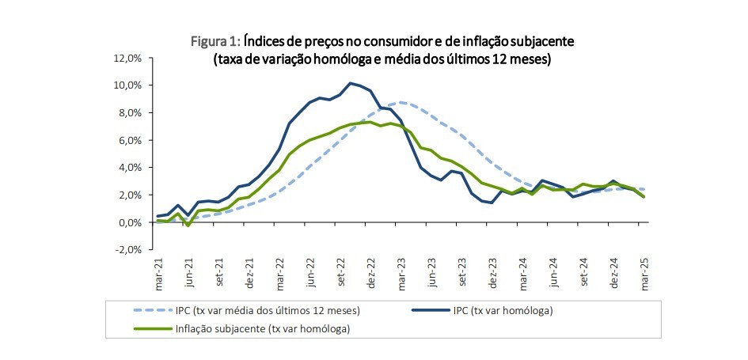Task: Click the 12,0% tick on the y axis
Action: coord(127,58)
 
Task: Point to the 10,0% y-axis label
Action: coord(127,85)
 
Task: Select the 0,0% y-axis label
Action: coord(130,222)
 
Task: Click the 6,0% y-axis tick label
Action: coord(130,140)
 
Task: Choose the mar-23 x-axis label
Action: coord(403,271)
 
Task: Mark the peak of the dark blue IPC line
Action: coord(350,83)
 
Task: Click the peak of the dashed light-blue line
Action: coord(402,102)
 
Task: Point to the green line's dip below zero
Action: coord(188,225)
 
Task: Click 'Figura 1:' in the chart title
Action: coord(216,40)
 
